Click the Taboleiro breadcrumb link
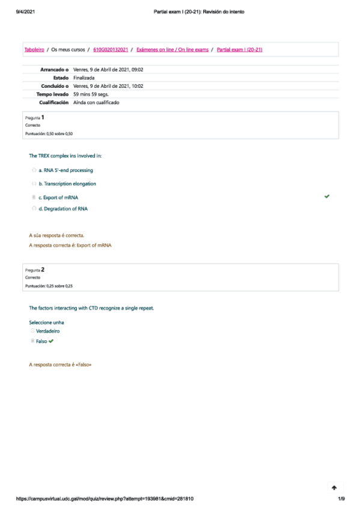pos(34,49)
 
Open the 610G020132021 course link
pos(111,49)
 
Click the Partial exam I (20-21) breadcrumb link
pos(239,49)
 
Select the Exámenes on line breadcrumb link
pos(172,49)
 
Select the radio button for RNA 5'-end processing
pos(34,170)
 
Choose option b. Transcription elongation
pos(67,183)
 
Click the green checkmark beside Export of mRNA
pos(326,197)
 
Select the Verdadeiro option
pos(47,331)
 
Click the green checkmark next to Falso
pos(52,341)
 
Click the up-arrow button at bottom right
pos(334,488)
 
